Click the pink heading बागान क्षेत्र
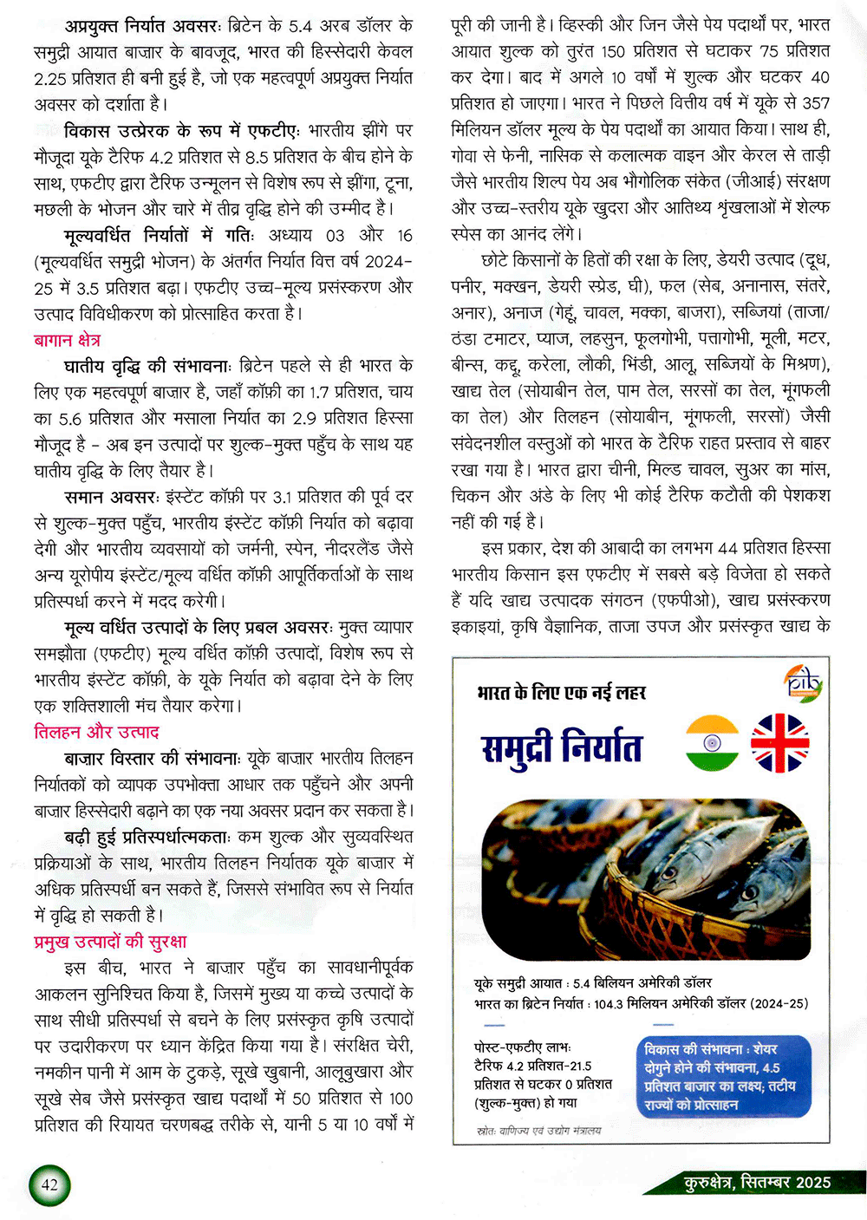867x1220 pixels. [67, 340]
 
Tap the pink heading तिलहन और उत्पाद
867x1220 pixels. [96, 732]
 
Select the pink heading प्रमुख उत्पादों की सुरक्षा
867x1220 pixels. [110, 942]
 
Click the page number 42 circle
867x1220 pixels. [49, 1184]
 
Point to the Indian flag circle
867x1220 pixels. [712, 743]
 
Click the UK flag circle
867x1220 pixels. [779, 743]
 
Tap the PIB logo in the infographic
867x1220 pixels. [802, 683]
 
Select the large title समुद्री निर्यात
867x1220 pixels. [562, 748]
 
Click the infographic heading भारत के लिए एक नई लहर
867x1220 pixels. [561, 692]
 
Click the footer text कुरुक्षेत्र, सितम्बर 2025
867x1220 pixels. [757, 1183]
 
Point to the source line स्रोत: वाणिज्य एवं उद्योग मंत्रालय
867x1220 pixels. [538, 1131]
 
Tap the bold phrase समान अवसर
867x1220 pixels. [111, 497]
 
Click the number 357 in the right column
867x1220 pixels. [815, 103]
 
